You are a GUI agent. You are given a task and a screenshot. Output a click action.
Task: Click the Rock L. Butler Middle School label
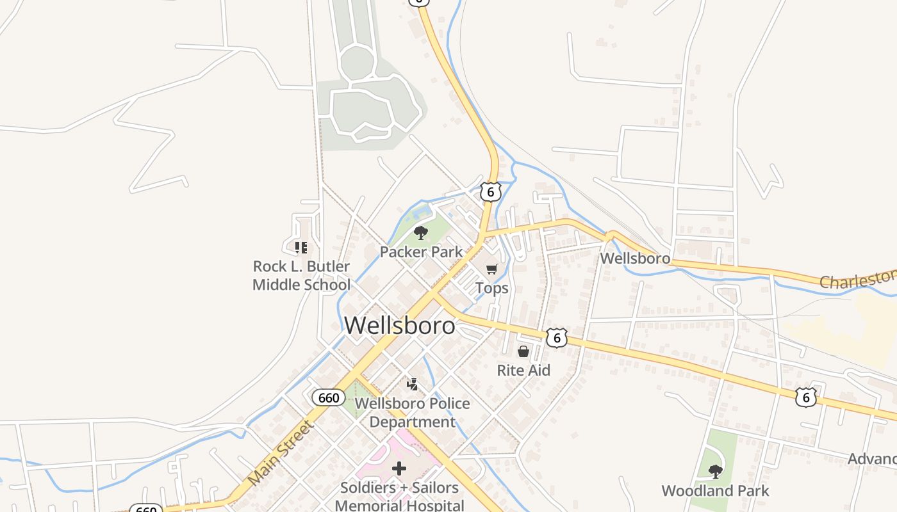tap(301, 275)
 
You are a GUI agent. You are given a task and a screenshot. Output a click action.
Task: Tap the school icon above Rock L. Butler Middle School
tap(300, 247)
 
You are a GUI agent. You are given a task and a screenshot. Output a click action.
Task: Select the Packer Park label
tap(421, 252)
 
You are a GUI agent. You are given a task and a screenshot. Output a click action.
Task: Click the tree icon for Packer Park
tap(420, 233)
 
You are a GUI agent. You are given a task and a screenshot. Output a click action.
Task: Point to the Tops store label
tap(492, 288)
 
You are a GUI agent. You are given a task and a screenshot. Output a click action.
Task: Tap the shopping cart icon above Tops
tap(491, 269)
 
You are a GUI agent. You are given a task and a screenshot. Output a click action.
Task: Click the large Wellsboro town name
tap(400, 325)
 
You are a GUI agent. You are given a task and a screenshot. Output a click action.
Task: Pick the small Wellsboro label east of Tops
tap(635, 259)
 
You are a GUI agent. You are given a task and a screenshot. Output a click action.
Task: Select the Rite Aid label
tap(523, 370)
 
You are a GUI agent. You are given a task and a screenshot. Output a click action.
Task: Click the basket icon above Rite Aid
tap(523, 351)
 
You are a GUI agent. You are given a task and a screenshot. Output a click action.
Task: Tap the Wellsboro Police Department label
tap(412, 413)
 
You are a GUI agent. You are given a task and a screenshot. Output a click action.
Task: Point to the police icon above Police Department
tap(413, 384)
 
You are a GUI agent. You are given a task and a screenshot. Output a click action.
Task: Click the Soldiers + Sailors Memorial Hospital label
tap(399, 496)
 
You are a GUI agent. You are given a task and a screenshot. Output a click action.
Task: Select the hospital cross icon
tap(399, 468)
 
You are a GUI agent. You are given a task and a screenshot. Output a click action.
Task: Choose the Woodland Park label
tap(715, 491)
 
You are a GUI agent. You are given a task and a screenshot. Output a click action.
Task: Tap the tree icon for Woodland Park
tap(716, 472)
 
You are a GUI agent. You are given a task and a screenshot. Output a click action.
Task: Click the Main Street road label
tap(280, 452)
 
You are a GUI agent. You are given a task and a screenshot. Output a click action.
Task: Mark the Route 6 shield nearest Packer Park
tap(490, 191)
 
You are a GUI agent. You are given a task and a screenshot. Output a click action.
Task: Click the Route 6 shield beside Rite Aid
tap(557, 337)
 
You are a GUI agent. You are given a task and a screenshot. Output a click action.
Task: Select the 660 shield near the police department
tap(329, 397)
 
